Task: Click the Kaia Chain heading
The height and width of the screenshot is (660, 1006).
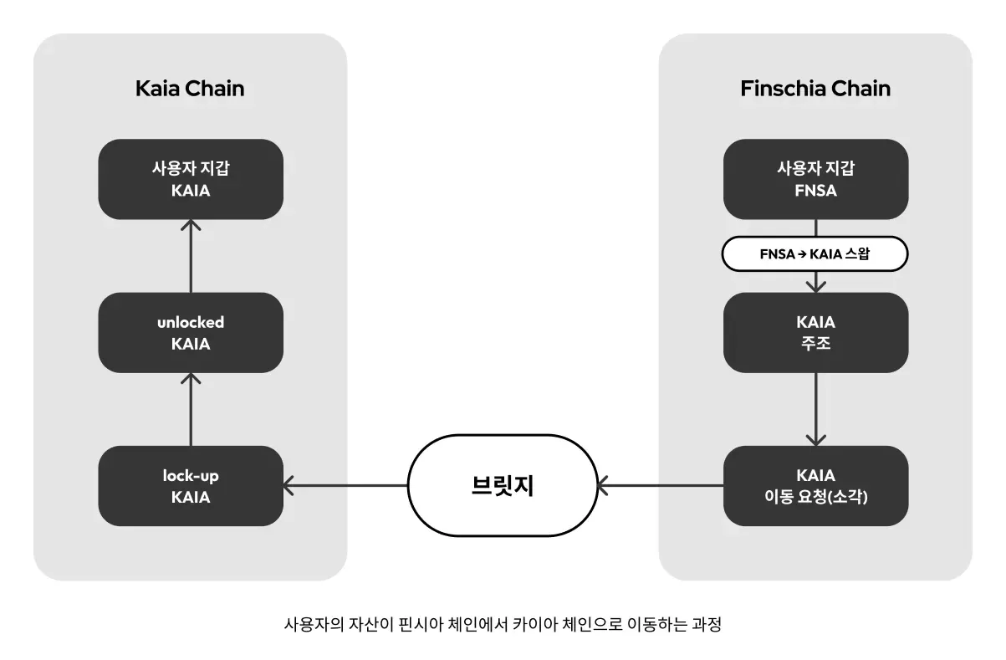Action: pos(190,89)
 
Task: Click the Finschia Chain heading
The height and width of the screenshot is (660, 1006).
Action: pos(815,89)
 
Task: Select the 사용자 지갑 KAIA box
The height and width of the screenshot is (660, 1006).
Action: pos(191,179)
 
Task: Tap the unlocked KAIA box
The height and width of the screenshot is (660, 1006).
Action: pos(191,332)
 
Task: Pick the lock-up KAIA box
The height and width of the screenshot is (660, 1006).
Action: pos(191,486)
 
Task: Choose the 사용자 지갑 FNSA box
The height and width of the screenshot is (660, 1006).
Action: pos(815,179)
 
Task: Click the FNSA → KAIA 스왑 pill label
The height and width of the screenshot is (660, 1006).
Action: pos(815,255)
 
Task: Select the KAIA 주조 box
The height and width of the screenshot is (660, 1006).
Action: pos(815,332)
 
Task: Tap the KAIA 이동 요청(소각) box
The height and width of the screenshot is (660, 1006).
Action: pos(815,486)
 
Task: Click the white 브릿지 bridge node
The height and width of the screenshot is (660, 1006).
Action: pos(503,485)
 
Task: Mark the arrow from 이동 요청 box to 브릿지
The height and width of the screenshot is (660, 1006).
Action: pos(661,485)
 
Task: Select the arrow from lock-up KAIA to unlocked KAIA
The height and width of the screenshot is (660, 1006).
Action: pos(191,410)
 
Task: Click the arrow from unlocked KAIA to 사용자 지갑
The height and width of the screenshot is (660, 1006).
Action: pos(191,256)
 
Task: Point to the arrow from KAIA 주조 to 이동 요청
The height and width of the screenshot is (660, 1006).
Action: pos(815,410)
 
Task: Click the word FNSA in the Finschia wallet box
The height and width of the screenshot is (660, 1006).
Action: pos(815,191)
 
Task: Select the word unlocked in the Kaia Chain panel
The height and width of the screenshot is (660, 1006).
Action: pos(191,322)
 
